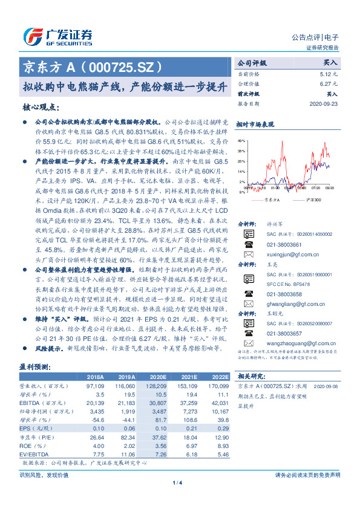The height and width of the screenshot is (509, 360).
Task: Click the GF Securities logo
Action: tap(57, 36)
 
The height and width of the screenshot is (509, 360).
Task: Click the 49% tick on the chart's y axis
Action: tap(241, 140)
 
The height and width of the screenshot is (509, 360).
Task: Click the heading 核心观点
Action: tap(41, 107)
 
